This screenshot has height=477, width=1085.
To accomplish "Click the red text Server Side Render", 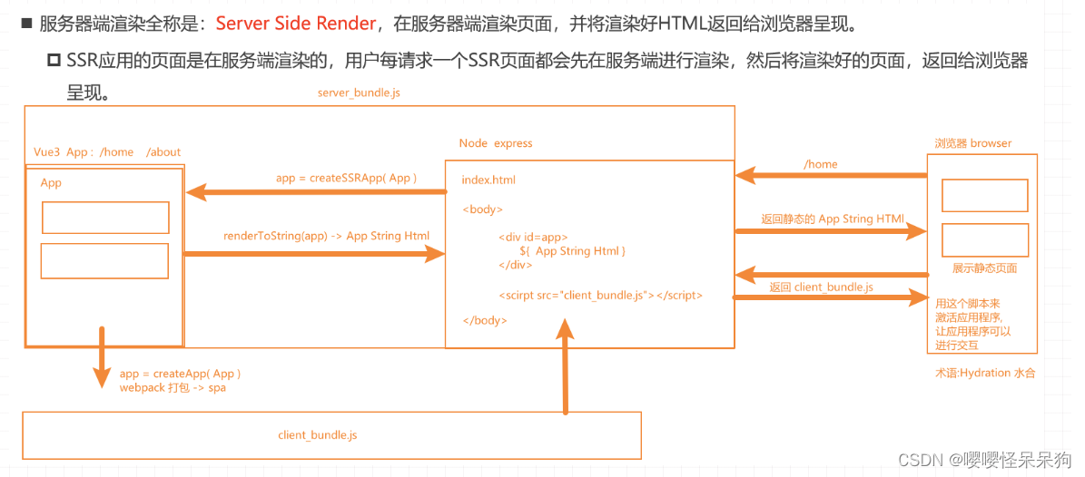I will [x=296, y=24].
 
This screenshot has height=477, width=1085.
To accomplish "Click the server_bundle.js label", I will [x=359, y=93].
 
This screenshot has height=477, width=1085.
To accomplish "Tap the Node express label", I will [x=496, y=143].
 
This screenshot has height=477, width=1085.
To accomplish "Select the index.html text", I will [x=488, y=180].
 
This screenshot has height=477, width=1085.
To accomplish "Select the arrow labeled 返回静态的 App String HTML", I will [x=831, y=231].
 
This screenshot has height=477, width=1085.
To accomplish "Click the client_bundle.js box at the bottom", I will [x=331, y=435].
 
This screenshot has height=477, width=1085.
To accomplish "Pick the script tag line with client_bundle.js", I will [x=600, y=295].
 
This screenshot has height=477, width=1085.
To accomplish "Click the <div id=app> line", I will [x=533, y=237].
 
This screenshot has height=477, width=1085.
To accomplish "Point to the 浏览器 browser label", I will [x=972, y=143].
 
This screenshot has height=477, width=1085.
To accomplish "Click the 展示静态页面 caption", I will [x=984, y=268].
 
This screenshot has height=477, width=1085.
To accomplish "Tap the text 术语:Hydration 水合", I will [x=985, y=373].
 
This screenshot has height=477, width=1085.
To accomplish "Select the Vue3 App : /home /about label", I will [x=107, y=152].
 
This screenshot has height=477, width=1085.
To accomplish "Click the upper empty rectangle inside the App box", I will [x=105, y=218].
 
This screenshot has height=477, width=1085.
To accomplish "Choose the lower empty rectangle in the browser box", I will [x=984, y=239].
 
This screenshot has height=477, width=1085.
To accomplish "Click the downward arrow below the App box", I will [x=102, y=358].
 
